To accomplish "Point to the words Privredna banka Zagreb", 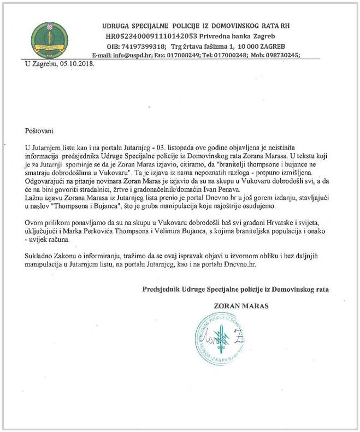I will coord(232,35).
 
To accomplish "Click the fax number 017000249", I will coord(196,55).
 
